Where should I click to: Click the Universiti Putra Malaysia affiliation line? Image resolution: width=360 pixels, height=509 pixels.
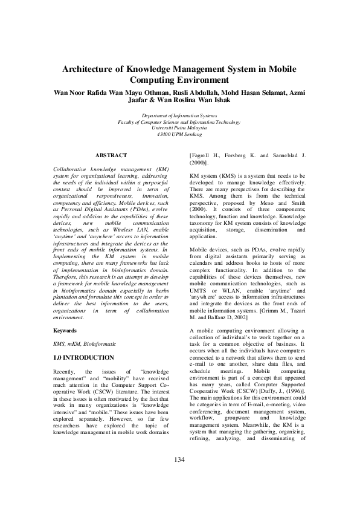pyautogui.click(x=179, y=128)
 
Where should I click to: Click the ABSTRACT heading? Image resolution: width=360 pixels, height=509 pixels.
pyautogui.click(x=111, y=155)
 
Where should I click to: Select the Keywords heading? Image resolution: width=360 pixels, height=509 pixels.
pyautogui.click(x=65, y=331)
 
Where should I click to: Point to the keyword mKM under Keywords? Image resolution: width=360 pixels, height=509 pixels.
pyautogui.click(x=72, y=343)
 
